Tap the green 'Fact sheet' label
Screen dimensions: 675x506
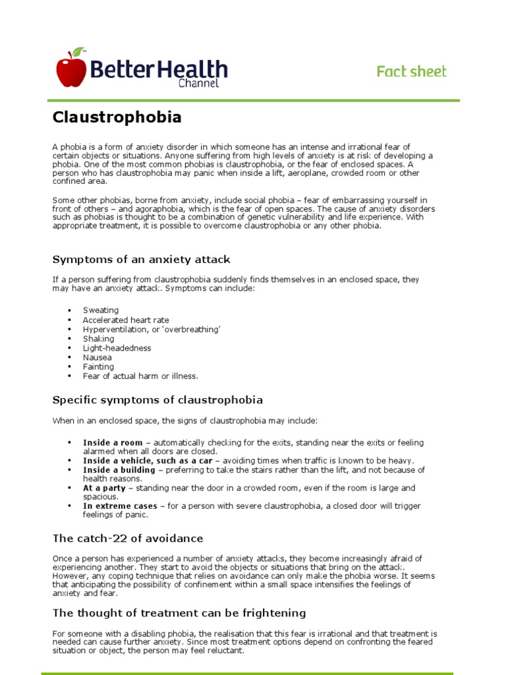coord(411,71)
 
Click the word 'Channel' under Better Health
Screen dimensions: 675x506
coord(198,83)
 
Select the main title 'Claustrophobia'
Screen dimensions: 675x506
coord(117,117)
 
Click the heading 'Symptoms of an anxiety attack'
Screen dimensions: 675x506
coord(141,259)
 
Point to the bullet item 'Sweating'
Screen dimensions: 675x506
coord(100,310)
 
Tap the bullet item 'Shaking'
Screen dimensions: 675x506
coord(98,339)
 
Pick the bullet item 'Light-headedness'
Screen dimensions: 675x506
coord(117,348)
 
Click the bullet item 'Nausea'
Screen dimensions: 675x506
coord(97,357)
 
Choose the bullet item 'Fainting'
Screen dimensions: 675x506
coord(98,367)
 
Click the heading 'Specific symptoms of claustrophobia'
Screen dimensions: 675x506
coord(157,399)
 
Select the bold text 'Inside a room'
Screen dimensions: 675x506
coord(112,442)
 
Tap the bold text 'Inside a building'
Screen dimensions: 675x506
coord(119,470)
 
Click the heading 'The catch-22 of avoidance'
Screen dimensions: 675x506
coord(128,539)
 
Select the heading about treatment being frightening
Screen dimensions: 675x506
coord(179,613)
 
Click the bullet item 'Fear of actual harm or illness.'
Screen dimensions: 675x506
coord(140,376)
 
